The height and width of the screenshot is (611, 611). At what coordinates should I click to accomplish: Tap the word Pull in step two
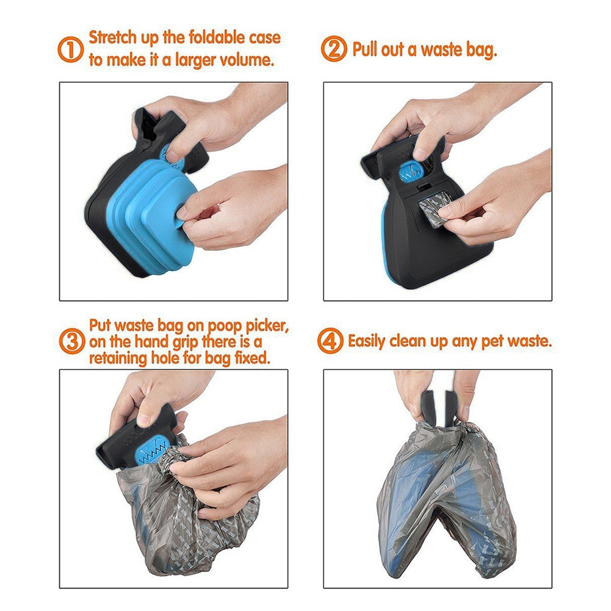366,49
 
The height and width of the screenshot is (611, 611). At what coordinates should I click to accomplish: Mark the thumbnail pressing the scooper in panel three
145,421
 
